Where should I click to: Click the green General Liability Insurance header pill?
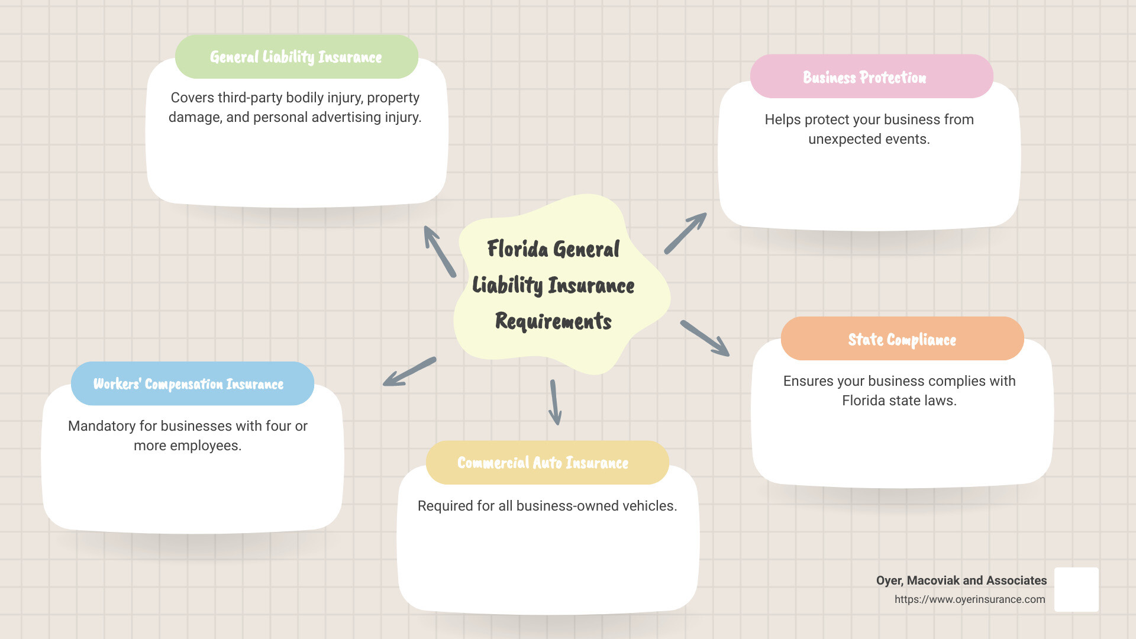pyautogui.click(x=296, y=57)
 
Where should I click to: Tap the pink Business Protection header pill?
pyautogui.click(x=871, y=77)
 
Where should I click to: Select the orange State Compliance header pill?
pyautogui.click(x=902, y=339)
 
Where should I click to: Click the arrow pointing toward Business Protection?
pyautogui.click(x=685, y=234)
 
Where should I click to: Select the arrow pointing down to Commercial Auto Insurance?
pyautogui.click(x=554, y=402)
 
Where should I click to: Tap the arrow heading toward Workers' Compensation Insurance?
pyautogui.click(x=409, y=372)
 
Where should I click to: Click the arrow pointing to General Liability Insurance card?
pyautogui.click(x=440, y=251)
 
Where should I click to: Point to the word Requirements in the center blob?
pyautogui.click(x=553, y=321)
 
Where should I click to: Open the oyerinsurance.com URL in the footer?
pyautogui.click(x=969, y=599)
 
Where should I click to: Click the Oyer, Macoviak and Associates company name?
pyautogui.click(x=961, y=580)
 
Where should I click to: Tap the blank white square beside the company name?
pyautogui.click(x=1076, y=589)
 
